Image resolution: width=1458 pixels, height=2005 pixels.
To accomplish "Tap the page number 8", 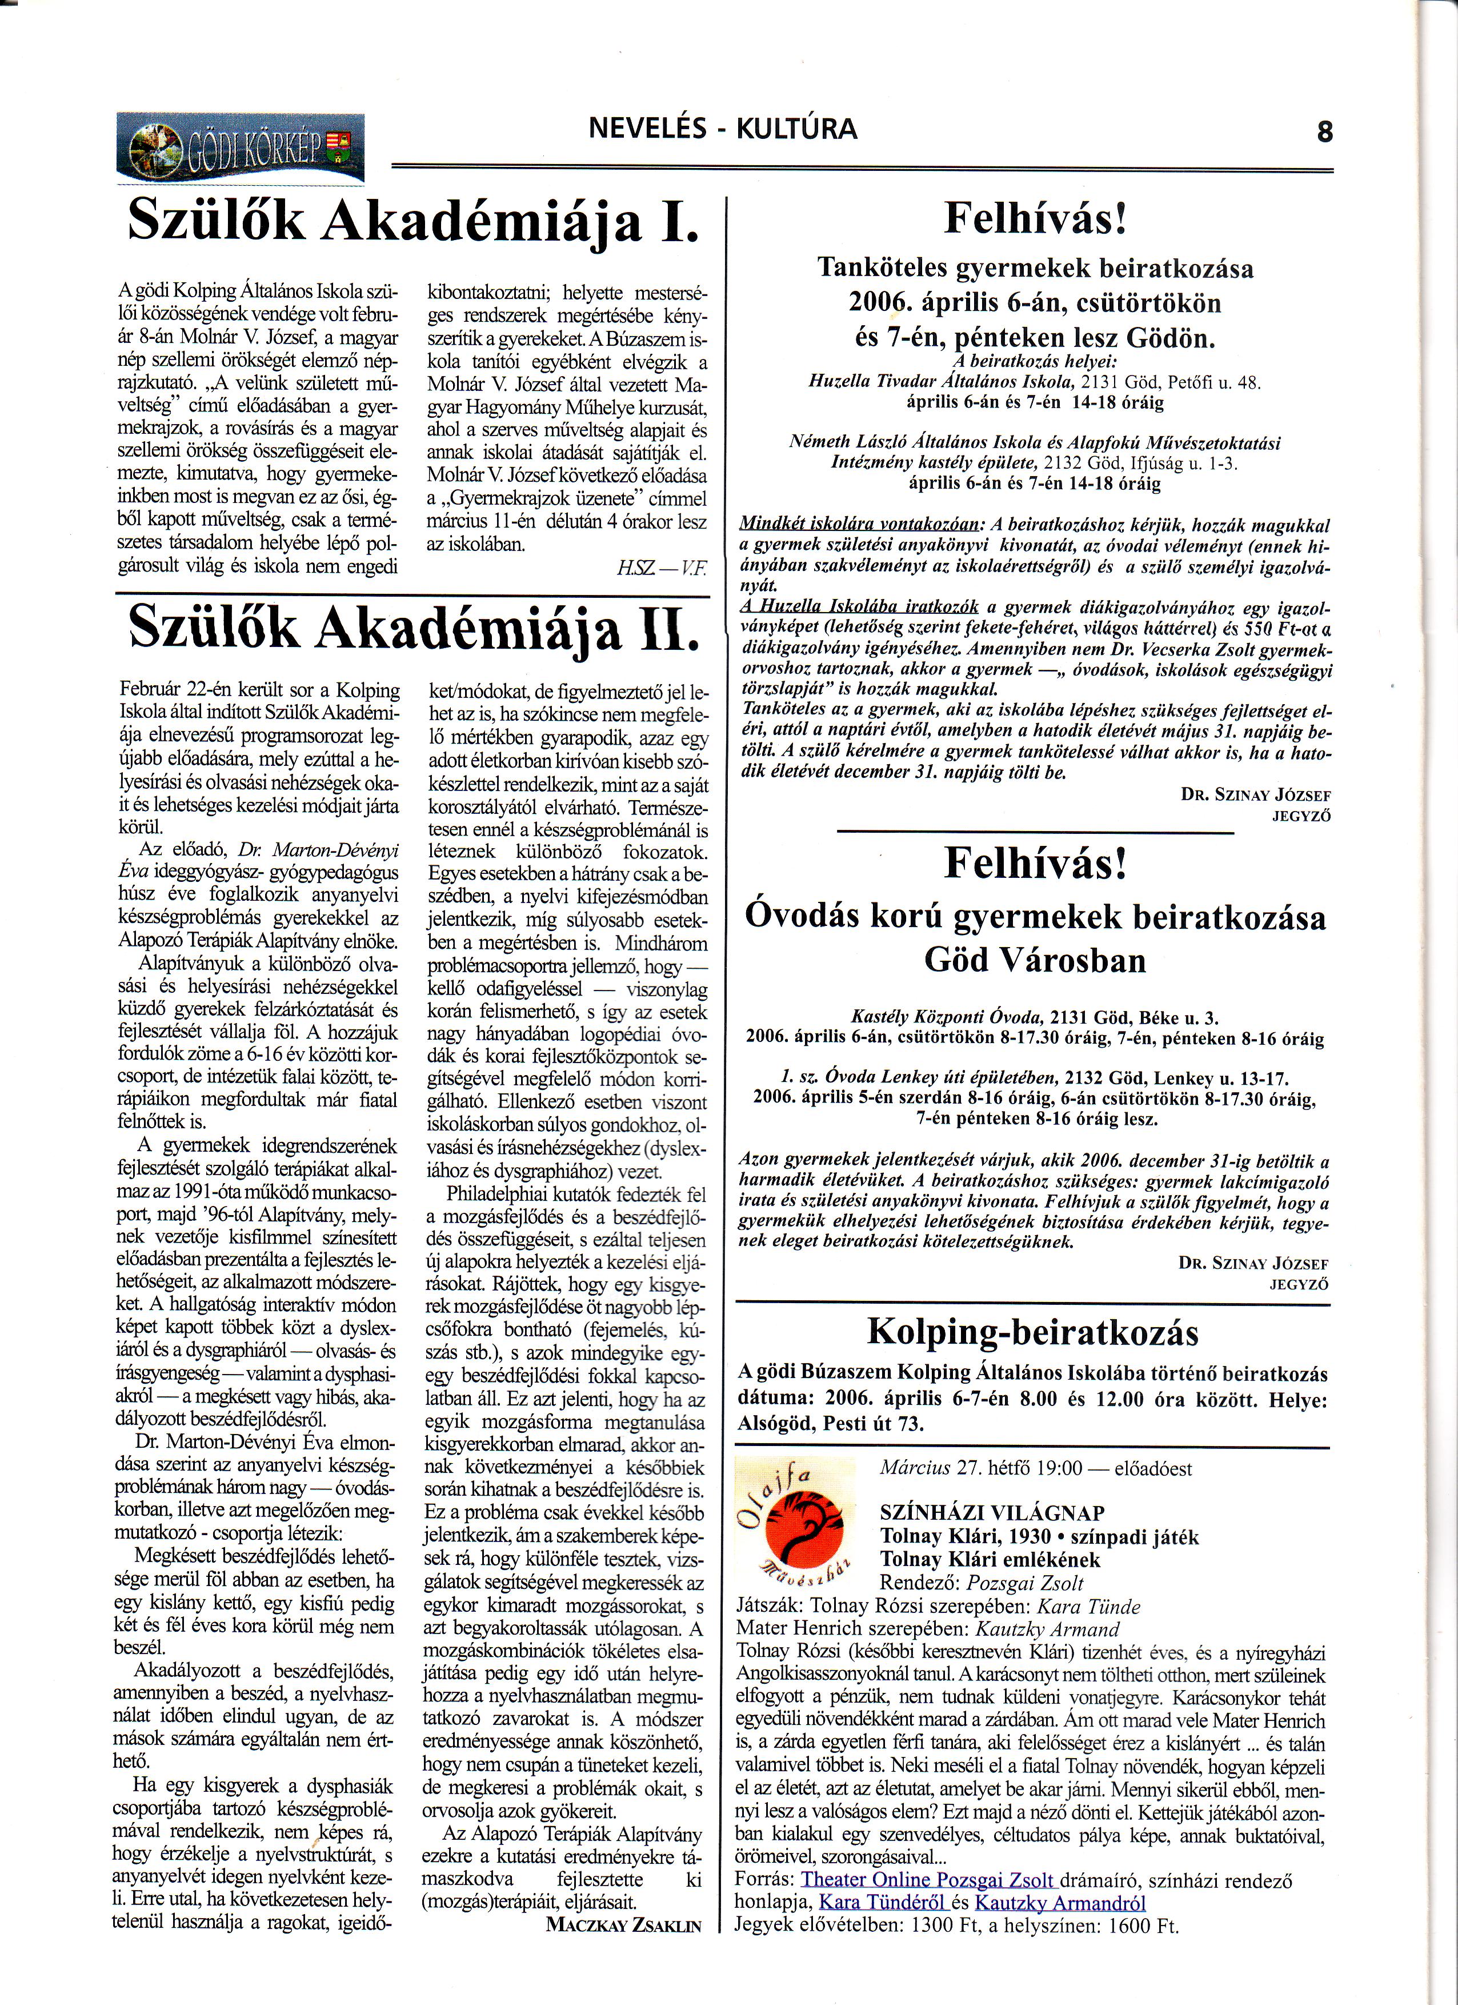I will click(x=1323, y=133).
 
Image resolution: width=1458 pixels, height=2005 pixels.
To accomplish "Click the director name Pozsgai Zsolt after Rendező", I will click(x=1025, y=1583).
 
